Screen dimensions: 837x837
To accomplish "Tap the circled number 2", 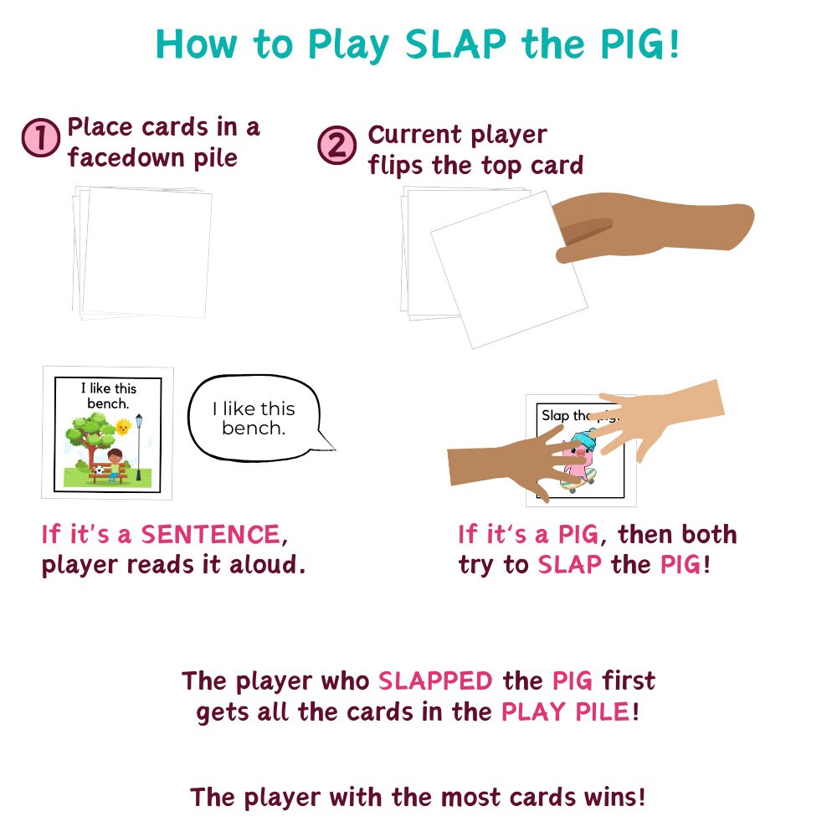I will (x=336, y=146).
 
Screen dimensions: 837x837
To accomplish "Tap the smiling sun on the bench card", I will (x=124, y=427).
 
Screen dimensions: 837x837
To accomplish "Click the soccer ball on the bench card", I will (x=100, y=471).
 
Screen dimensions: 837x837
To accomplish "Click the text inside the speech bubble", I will (x=253, y=418).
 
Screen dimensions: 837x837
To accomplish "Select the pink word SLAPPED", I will (x=434, y=680).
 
